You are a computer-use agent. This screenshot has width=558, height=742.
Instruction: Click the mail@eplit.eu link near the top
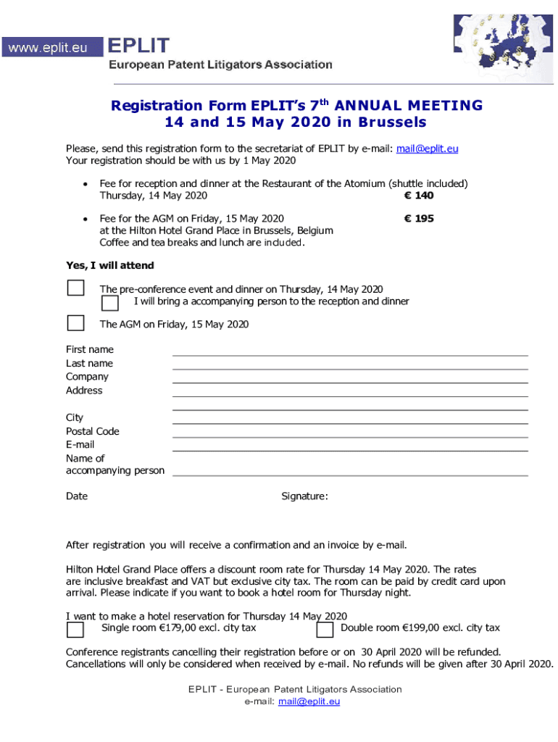427,149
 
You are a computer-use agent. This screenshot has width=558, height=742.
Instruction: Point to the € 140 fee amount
420,196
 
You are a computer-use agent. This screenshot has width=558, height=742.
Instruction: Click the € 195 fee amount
420,218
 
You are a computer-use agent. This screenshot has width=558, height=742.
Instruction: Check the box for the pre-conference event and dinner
75,288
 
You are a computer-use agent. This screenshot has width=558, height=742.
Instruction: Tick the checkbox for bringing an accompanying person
110,301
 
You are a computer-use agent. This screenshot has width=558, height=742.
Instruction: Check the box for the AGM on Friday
75,322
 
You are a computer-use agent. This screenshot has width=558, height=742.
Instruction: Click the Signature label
304,496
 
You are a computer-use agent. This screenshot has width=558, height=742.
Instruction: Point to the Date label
77,496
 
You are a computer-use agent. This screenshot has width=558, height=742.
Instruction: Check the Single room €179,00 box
75,628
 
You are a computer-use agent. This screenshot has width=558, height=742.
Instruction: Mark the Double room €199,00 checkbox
325,628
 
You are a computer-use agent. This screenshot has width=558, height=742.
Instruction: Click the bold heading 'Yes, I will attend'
110,265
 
